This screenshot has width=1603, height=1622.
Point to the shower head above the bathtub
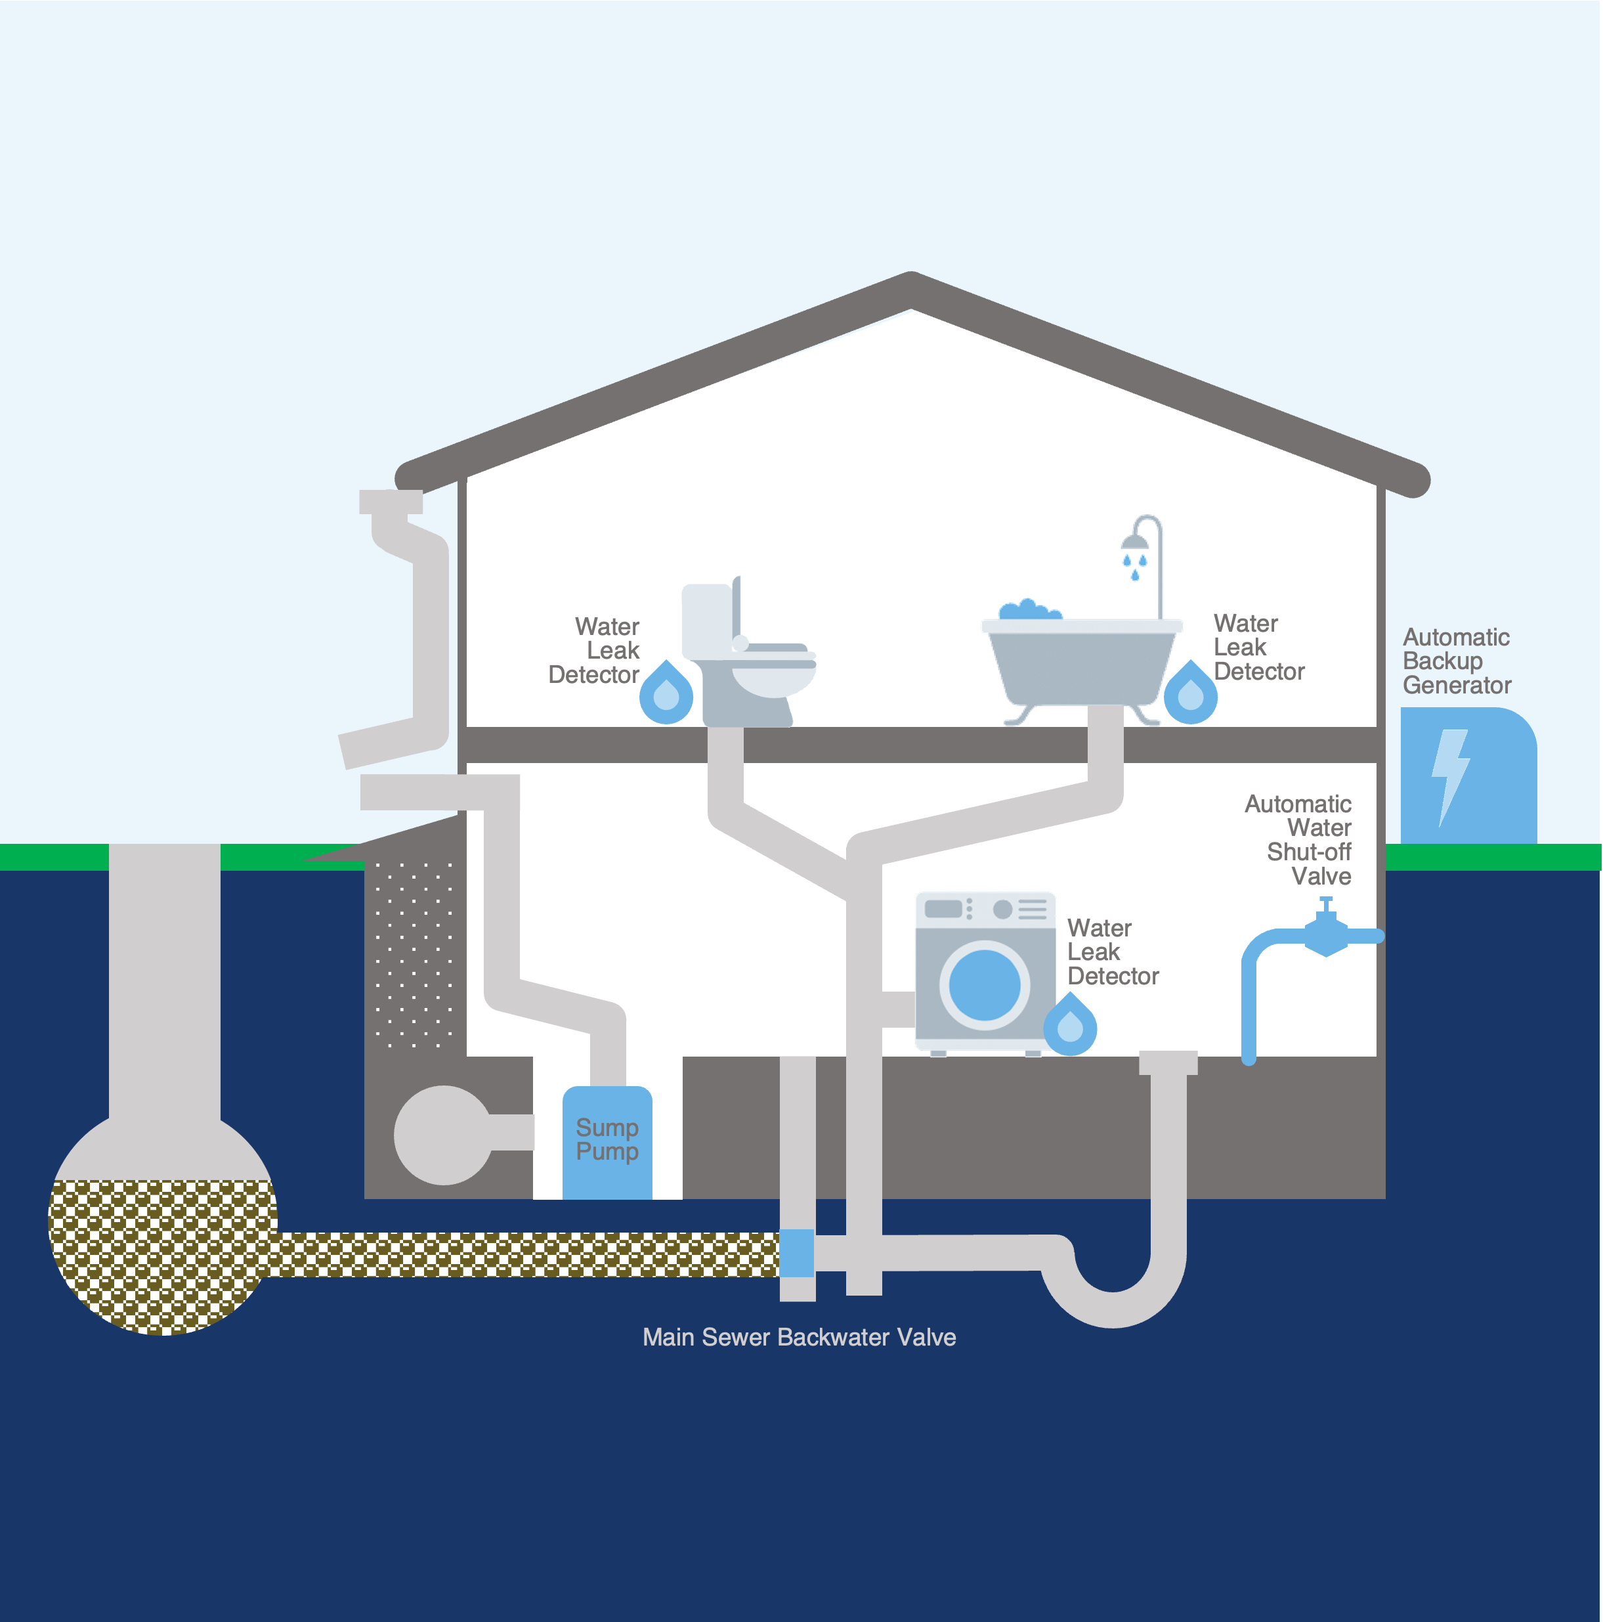click(1135, 542)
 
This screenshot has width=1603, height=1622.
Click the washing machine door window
click(985, 985)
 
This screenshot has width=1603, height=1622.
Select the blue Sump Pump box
click(607, 1142)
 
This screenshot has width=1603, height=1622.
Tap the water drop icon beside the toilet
click(666, 693)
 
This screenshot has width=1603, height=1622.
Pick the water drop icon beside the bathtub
click(1190, 693)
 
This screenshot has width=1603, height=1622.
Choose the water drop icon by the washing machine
click(1069, 1025)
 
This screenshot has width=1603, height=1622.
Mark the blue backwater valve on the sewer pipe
click(796, 1252)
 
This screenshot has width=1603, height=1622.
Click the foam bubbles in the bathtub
click(1029, 609)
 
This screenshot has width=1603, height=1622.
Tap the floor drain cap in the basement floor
click(1167, 1062)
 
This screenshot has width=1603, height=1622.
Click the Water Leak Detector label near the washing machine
click(1112, 952)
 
